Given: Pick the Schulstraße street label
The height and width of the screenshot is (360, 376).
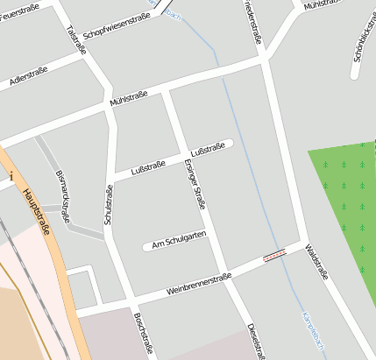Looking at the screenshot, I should tap(109, 206).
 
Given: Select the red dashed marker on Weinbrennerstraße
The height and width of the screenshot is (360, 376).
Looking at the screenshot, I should tap(274, 256).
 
